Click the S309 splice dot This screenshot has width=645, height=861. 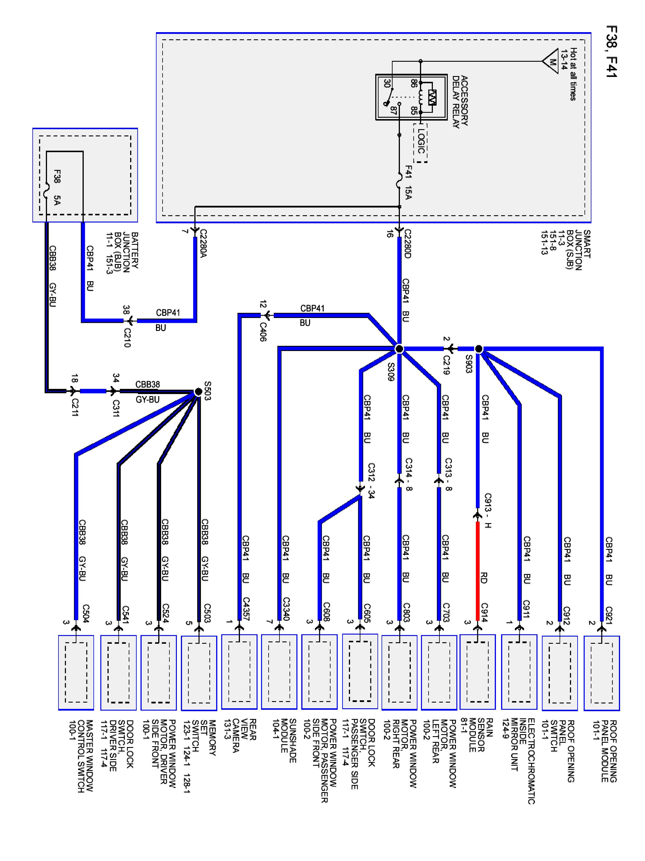point(399,349)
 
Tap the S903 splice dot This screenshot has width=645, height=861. point(479,349)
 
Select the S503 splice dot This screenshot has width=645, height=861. point(198,391)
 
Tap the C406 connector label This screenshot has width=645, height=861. point(263,332)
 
